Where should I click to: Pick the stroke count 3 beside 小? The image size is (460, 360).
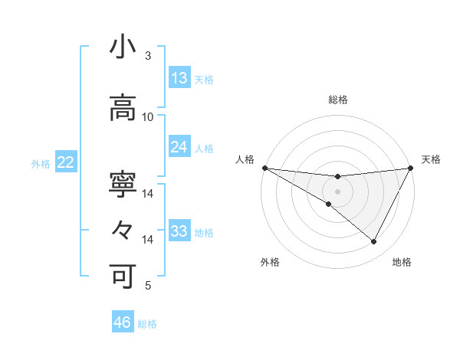(147, 56)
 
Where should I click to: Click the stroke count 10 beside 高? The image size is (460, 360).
(148, 116)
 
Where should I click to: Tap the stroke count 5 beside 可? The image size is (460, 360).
(147, 286)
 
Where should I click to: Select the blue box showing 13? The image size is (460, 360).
(179, 78)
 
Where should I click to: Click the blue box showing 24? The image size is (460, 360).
(179, 147)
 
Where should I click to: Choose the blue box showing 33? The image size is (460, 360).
(179, 231)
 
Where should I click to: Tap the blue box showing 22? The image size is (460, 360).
(66, 162)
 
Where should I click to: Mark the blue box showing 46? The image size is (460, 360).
(123, 322)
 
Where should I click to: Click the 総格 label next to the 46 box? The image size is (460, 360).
(148, 324)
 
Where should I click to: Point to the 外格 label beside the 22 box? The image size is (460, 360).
(41, 163)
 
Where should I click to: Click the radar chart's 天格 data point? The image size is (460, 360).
(411, 168)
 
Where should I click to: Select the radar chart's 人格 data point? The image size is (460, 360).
(264, 168)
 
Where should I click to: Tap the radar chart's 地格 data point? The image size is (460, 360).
(374, 242)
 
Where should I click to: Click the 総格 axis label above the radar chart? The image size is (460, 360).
(338, 100)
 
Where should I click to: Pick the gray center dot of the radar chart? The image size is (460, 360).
(337, 191)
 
